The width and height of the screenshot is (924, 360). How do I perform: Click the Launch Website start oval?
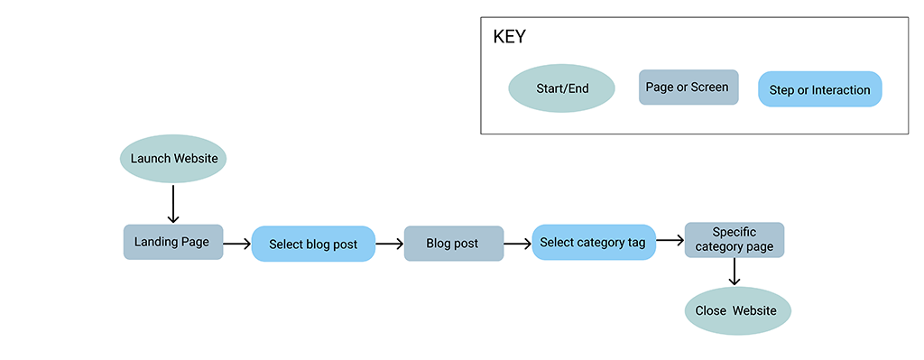click(x=173, y=159)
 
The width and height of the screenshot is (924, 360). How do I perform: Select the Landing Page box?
click(x=172, y=242)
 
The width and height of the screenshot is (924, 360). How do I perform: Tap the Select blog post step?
click(x=313, y=244)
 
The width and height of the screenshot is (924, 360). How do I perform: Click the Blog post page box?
click(x=453, y=244)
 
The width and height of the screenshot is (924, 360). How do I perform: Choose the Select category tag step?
click(x=592, y=242)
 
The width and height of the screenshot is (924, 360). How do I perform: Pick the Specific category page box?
click(x=734, y=239)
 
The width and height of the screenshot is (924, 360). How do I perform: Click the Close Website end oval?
click(x=737, y=310)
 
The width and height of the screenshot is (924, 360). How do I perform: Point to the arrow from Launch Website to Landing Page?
click(x=173, y=203)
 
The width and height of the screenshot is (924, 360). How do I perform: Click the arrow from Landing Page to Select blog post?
click(x=236, y=244)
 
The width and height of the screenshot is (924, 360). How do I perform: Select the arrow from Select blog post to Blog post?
click(x=389, y=244)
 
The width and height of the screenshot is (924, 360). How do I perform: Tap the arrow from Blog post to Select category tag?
click(x=517, y=244)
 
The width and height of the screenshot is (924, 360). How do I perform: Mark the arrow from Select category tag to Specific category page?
click(x=669, y=241)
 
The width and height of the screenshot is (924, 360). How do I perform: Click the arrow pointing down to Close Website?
click(x=735, y=272)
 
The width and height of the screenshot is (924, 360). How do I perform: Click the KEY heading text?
click(x=509, y=38)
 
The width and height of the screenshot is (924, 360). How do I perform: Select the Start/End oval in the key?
click(x=561, y=88)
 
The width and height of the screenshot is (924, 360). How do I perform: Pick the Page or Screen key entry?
click(x=688, y=88)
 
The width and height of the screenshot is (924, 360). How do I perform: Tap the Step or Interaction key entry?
click(x=819, y=89)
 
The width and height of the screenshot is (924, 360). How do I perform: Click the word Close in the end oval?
click(x=710, y=310)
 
